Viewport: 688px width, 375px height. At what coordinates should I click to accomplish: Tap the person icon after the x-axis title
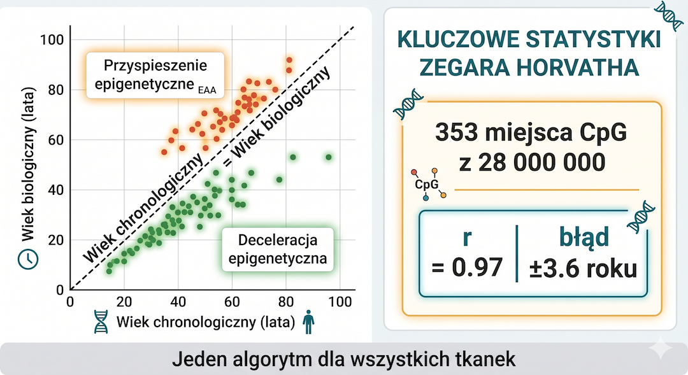[309, 322]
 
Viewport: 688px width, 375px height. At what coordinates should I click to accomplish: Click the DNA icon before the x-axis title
[101, 322]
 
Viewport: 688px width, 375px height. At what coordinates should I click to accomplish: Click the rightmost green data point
[329, 157]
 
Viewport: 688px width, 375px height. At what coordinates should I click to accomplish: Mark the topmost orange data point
[289, 59]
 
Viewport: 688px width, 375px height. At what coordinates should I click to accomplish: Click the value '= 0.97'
[467, 268]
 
